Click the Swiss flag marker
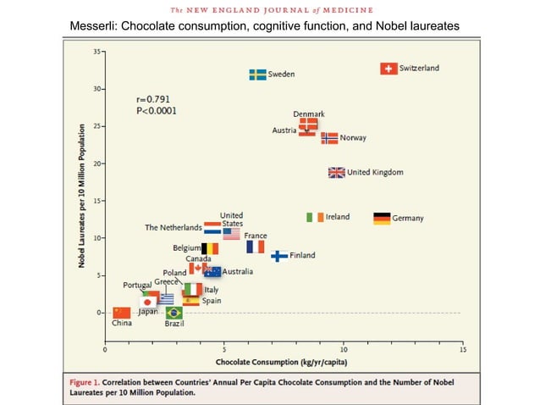[x=388, y=69]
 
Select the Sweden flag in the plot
[x=257, y=75]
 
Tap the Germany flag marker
[x=382, y=219]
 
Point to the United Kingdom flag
[x=337, y=173]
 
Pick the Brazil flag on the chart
[x=174, y=313]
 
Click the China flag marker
[x=122, y=313]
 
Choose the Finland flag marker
[x=279, y=256]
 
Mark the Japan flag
[x=148, y=302]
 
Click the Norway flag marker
[x=329, y=138]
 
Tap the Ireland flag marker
[x=315, y=217]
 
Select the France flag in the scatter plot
[x=256, y=247]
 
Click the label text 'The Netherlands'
[x=174, y=227]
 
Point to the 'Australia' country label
[x=238, y=272]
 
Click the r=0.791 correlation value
[x=153, y=99]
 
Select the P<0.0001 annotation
[x=157, y=111]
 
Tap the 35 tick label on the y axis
[x=96, y=52]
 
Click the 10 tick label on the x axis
[x=344, y=350]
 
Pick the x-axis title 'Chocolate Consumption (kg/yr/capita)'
[x=281, y=362]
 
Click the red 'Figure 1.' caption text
[x=85, y=382]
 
